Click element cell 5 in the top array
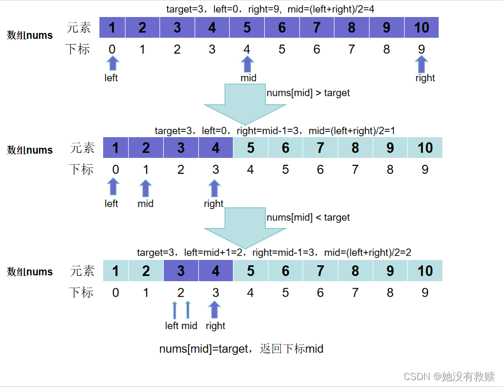click(247, 28)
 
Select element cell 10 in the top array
click(422, 28)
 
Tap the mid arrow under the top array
click(247, 64)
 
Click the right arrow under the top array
click(422, 64)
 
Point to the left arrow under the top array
click(112, 64)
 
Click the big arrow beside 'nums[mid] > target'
click(245, 104)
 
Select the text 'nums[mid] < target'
click(308, 217)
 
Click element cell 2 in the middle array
click(146, 148)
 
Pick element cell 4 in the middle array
click(215, 148)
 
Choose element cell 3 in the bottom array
click(181, 271)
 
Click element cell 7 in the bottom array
click(320, 271)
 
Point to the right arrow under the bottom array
click(214, 309)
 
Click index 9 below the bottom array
click(425, 292)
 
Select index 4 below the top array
click(247, 49)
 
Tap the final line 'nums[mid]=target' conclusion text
click(241, 349)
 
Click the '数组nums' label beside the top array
click(30, 36)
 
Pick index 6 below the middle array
click(320, 170)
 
